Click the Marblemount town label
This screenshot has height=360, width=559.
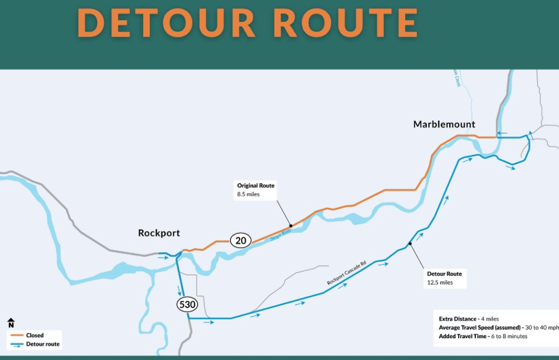pyautogui.click(x=444, y=124)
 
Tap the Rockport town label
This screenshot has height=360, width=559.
pyautogui.click(x=159, y=233)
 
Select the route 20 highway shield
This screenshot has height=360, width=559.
pyautogui.click(x=240, y=240)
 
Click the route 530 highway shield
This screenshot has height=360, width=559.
pyautogui.click(x=187, y=304)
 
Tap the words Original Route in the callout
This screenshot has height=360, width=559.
pyautogui.click(x=255, y=185)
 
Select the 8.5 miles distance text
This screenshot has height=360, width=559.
pyautogui.click(x=248, y=194)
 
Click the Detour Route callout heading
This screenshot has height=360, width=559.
pyautogui.click(x=444, y=274)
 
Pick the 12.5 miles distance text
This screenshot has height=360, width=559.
pyautogui.click(x=440, y=283)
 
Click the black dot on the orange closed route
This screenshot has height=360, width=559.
pyautogui.click(x=290, y=225)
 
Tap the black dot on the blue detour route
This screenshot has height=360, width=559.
pyautogui.click(x=409, y=244)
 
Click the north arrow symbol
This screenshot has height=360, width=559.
pyautogui.click(x=11, y=323)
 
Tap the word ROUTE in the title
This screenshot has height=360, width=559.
pyautogui.click(x=345, y=22)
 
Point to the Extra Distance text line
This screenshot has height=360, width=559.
pyautogui.click(x=468, y=319)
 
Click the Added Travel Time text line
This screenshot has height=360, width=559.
pyautogui.click(x=483, y=337)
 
